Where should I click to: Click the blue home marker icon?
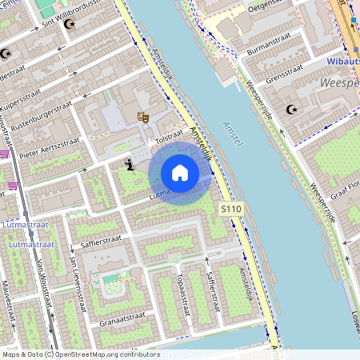(x=180, y=173)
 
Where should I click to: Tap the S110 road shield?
(x=231, y=209)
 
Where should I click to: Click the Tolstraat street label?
(x=170, y=137)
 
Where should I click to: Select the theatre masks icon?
(x=144, y=118)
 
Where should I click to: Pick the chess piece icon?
(x=130, y=164)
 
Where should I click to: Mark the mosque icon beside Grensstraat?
(x=291, y=109)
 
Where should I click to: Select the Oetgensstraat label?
(x=267, y=7)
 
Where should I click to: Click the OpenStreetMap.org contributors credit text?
(x=104, y=354)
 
